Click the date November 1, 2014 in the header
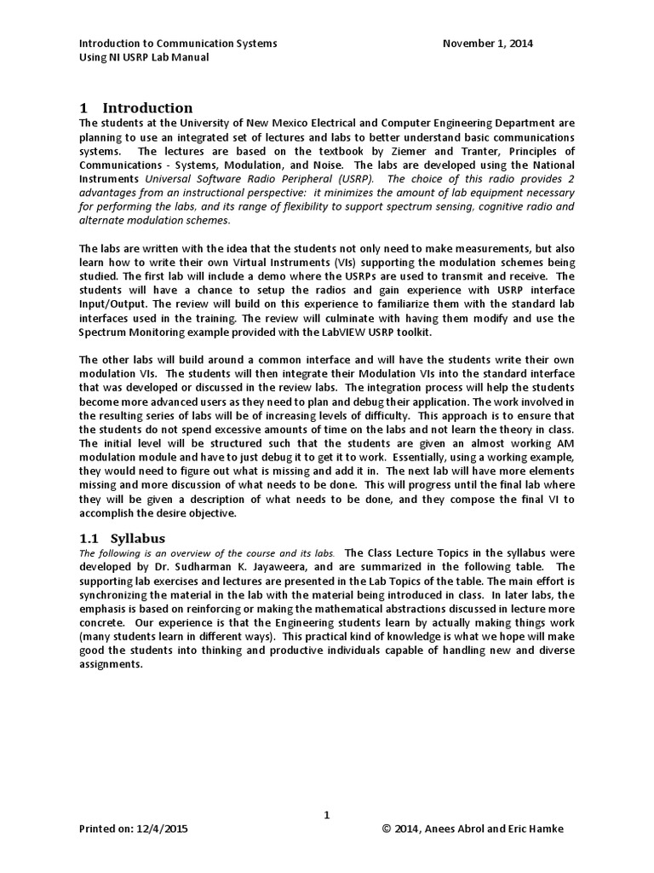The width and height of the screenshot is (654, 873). pyautogui.click(x=488, y=43)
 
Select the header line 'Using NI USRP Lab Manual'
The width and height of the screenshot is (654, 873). pyautogui.click(x=144, y=57)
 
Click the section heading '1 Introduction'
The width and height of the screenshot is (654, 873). pyautogui.click(x=136, y=107)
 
